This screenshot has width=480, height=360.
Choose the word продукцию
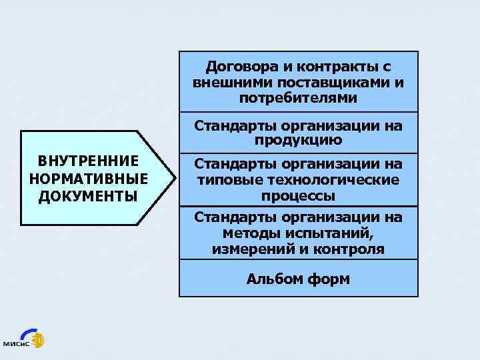(x=298, y=140)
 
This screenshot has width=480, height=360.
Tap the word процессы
(x=298, y=196)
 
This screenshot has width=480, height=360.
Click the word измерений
(x=251, y=249)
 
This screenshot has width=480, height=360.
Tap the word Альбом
(x=273, y=279)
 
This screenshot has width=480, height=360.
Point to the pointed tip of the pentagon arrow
(x=175, y=178)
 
